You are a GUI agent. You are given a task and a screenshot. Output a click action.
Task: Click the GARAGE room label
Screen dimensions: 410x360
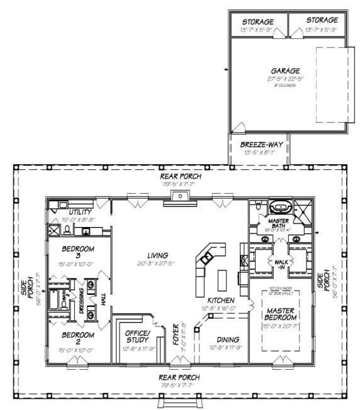(x=286, y=71)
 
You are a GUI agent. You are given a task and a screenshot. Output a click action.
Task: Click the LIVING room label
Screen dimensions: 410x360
(x=157, y=255)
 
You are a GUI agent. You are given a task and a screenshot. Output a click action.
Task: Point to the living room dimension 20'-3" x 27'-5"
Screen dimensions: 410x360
(x=157, y=263)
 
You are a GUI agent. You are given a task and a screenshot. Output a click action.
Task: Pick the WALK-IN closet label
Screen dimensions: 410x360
(x=278, y=263)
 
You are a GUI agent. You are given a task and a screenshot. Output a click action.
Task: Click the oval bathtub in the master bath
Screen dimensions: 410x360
(x=278, y=207)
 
